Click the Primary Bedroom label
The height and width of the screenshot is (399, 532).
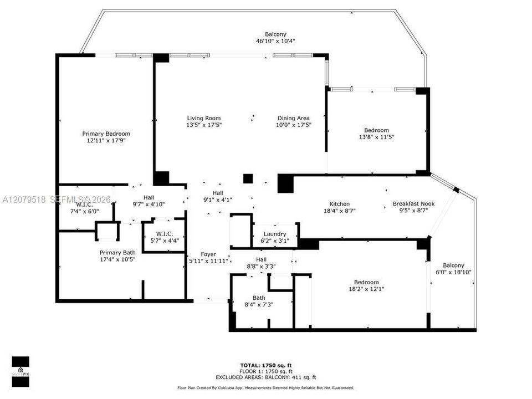coord(106,134)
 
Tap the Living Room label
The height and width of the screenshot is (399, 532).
coord(204,118)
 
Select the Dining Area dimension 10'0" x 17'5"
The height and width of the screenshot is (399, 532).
coord(294,125)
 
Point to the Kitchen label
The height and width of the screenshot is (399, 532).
coord(340,204)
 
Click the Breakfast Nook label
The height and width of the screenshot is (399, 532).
coord(413,203)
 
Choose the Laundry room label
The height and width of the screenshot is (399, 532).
coord(275,234)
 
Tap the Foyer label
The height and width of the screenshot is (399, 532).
coord(208,254)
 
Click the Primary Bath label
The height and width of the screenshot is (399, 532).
coord(117,253)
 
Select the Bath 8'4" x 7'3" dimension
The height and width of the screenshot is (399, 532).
coord(259,305)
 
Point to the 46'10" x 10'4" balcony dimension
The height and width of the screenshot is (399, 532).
coord(275,41)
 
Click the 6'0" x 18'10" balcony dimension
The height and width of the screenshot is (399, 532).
coord(454,272)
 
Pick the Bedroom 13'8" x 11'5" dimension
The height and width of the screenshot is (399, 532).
coord(377,137)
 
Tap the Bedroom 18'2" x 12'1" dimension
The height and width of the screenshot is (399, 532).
coord(366,289)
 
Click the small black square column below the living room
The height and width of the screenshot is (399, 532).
coord(248,179)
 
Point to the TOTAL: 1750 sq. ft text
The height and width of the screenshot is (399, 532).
coord(266,365)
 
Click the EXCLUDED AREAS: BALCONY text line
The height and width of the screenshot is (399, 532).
coord(266,377)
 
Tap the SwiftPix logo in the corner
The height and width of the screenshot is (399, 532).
coord(21,372)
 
